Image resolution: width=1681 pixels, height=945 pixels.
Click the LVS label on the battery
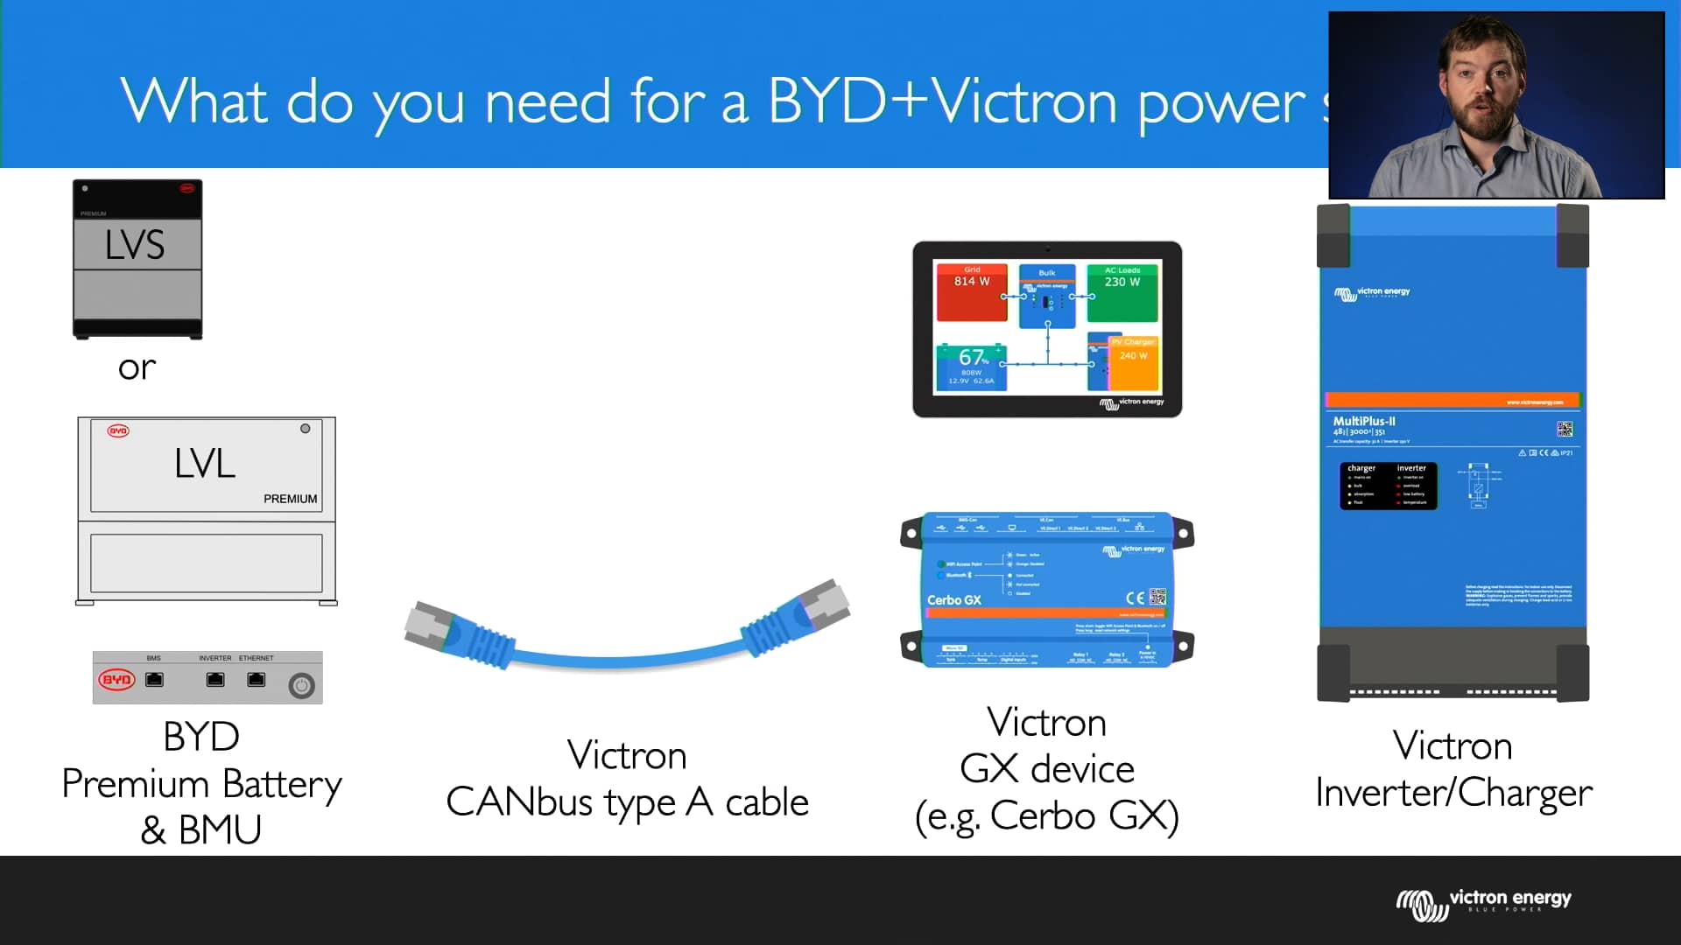click(x=135, y=245)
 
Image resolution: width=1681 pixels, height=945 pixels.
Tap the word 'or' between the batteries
click(x=137, y=367)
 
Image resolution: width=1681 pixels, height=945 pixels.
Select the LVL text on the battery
click(x=205, y=463)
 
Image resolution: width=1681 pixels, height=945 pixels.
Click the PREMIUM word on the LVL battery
click(x=291, y=499)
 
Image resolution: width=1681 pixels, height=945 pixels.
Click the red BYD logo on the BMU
click(x=116, y=680)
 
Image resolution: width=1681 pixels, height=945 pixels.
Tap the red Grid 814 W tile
click(x=972, y=292)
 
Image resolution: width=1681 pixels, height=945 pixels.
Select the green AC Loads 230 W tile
click(x=1122, y=292)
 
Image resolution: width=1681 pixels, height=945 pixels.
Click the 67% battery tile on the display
click(x=972, y=366)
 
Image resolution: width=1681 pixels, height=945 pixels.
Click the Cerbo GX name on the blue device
click(x=954, y=600)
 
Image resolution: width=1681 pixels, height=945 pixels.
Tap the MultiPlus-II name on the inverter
click(x=1364, y=422)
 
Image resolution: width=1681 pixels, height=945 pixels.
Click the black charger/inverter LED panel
click(x=1388, y=486)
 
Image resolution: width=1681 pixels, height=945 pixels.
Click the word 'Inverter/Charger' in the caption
click(x=1453, y=793)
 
